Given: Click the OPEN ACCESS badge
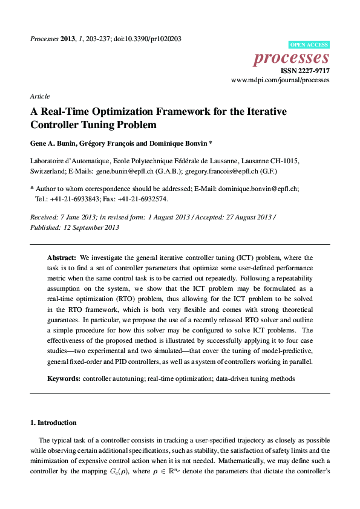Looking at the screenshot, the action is click(309, 45).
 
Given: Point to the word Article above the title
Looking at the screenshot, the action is click(39, 96).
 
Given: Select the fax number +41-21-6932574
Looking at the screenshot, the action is click(144, 198).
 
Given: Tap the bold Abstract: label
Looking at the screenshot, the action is click(62, 257).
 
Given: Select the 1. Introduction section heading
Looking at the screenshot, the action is click(53, 423).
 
